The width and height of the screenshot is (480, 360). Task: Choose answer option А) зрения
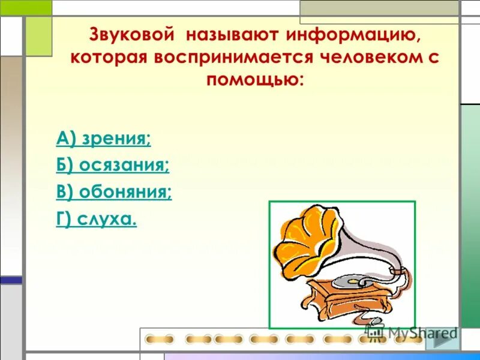[104, 140]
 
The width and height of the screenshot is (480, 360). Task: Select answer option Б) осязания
[113, 166]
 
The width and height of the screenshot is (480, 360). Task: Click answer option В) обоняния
[114, 193]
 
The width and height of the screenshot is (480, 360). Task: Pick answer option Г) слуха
[97, 220]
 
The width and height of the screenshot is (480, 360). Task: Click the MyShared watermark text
[423, 332]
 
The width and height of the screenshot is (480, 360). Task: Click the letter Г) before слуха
[64, 220]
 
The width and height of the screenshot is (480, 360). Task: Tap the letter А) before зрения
[64, 140]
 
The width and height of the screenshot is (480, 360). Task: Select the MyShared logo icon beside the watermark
[376, 332]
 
